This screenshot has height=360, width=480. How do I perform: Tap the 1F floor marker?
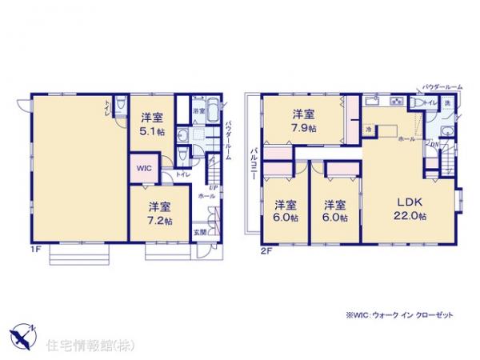pos(37,250)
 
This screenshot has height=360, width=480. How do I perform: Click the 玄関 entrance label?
pos(199,233)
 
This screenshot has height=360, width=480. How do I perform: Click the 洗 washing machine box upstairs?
pos(446,103)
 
